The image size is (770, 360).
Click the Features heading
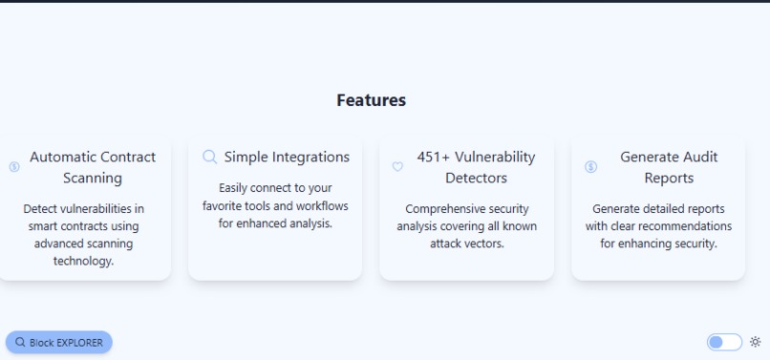(x=371, y=100)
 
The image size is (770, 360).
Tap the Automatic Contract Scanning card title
(x=93, y=167)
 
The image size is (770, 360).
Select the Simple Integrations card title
(x=287, y=157)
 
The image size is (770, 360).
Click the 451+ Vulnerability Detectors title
(x=476, y=167)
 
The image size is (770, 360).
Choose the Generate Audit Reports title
(x=668, y=167)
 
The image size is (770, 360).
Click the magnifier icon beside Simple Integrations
(x=210, y=158)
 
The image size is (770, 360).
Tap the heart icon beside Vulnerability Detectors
(x=397, y=167)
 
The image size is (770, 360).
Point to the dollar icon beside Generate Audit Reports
(x=590, y=167)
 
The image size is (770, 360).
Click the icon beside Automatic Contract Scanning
(x=14, y=167)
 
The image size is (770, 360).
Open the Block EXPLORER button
(x=59, y=342)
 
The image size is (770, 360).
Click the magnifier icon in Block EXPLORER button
(x=20, y=342)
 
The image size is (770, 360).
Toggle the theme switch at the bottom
(x=723, y=342)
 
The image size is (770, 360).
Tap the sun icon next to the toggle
(x=755, y=342)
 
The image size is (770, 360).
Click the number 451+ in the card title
(x=434, y=157)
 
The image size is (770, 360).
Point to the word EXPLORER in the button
(x=78, y=343)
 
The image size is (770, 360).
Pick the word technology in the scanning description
(x=83, y=261)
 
